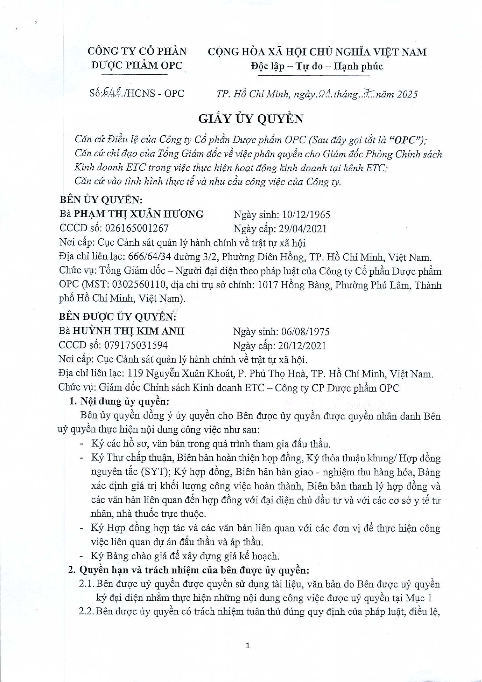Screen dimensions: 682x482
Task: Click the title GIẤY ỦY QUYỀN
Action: (x=251, y=119)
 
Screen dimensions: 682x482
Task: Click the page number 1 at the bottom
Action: (x=248, y=645)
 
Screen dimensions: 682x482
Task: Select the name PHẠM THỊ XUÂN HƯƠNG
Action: (x=139, y=214)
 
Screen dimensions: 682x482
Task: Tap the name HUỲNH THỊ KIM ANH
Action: (x=128, y=331)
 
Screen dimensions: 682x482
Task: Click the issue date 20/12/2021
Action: (x=302, y=345)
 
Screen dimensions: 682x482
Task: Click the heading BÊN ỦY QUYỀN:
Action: (x=101, y=200)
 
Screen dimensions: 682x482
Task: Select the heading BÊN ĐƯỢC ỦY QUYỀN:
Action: (x=117, y=317)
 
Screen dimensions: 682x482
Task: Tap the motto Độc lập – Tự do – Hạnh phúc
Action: (x=317, y=66)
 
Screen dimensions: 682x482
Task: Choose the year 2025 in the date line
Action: (x=407, y=94)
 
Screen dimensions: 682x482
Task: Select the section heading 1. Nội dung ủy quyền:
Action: (x=119, y=401)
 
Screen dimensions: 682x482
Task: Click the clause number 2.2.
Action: (x=86, y=611)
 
